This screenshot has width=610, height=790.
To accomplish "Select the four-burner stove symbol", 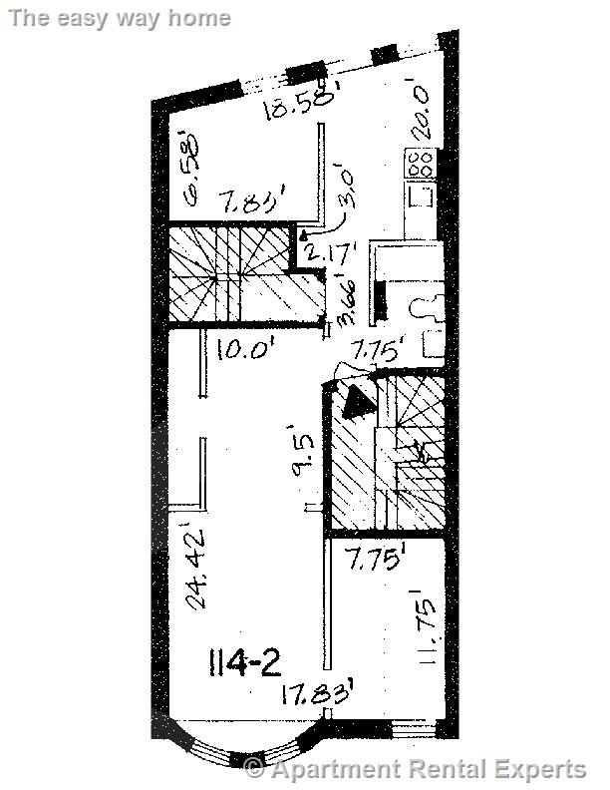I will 420,163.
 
